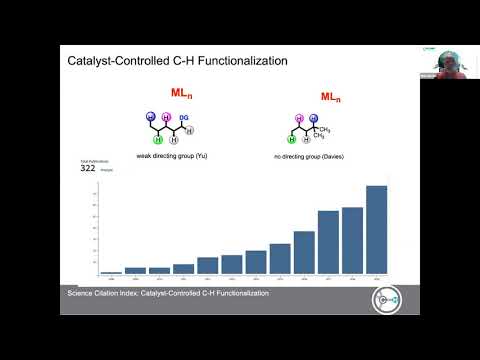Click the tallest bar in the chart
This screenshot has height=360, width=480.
coord(376,230)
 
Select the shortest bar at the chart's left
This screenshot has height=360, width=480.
coord(111,272)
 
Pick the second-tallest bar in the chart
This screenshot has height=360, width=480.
coord(352,241)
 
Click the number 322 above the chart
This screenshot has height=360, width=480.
coord(88,169)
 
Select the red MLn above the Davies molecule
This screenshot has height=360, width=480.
coord(330,97)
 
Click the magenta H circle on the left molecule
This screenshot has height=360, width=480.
coord(167,117)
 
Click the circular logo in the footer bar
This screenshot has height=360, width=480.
coord(387,298)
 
